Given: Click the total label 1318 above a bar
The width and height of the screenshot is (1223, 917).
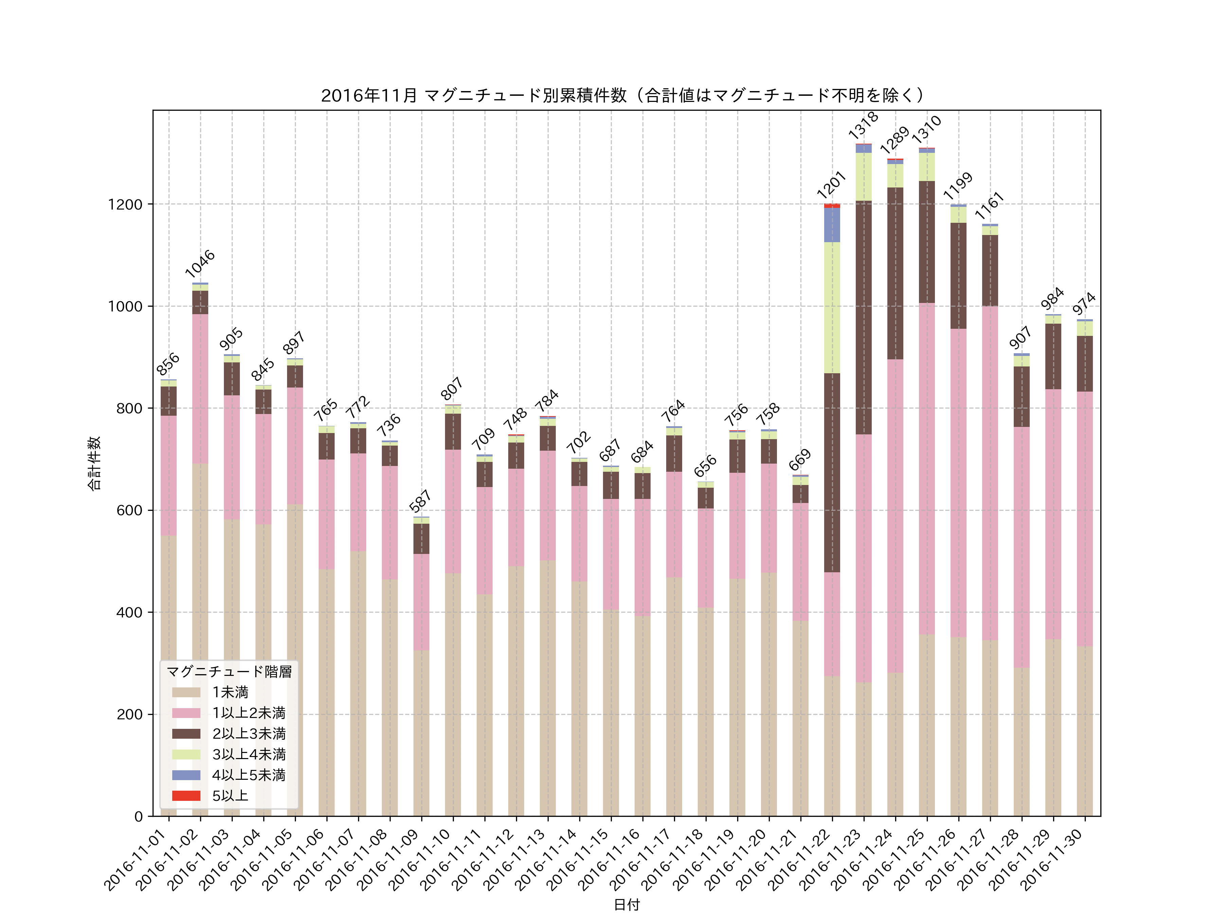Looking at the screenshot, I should click(x=863, y=125).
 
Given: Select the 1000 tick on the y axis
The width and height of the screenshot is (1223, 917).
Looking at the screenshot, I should click(x=125, y=306).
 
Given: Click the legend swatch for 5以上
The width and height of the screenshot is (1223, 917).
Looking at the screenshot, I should click(x=186, y=795).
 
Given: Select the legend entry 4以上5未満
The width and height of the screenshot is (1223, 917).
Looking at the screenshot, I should click(x=249, y=775).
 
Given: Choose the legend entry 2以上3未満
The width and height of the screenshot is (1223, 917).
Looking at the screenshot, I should click(x=249, y=734).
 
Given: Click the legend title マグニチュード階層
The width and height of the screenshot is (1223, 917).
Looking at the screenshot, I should click(x=229, y=671).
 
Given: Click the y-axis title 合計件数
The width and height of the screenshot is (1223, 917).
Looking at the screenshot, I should click(x=94, y=463).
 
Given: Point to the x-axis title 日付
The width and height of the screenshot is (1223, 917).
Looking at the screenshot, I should click(x=626, y=905).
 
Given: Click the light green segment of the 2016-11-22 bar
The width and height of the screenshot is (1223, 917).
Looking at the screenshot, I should click(x=832, y=307).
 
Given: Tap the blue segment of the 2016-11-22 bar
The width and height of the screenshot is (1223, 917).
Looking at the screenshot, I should click(x=832, y=225).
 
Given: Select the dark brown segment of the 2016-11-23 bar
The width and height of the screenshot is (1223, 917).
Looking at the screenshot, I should click(x=864, y=318).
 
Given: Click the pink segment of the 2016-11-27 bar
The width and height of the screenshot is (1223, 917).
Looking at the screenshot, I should click(x=990, y=473).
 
